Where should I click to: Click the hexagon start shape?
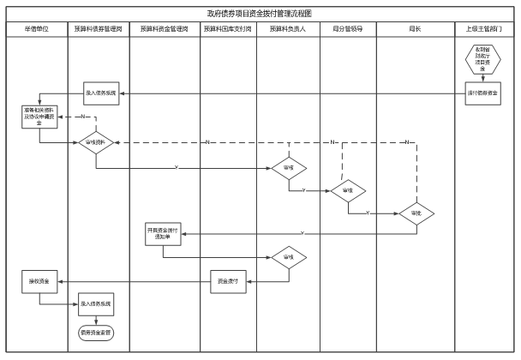click(482, 59)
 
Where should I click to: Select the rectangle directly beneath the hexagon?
click(482, 93)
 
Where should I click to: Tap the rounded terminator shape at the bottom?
click(96, 333)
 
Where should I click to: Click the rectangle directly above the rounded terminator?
click(96, 304)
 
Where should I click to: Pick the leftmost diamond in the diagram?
click(96, 142)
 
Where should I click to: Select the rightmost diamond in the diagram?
click(416, 214)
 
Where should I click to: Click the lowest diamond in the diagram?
click(289, 258)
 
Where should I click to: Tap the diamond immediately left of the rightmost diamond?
click(348, 191)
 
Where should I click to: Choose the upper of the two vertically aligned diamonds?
click(289, 168)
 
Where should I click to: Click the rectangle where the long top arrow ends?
click(101, 93)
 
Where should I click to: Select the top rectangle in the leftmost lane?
click(39, 117)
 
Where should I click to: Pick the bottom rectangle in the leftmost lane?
click(39, 282)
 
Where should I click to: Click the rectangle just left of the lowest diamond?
click(228, 282)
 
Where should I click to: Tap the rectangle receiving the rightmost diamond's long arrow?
click(163, 234)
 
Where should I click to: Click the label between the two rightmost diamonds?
click(368, 213)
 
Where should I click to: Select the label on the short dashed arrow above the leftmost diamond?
click(83, 117)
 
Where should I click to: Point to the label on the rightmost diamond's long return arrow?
click(302, 234)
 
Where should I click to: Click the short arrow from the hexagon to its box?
click(482, 78)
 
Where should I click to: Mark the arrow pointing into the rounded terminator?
click(96, 321)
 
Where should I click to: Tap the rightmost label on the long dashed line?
click(407, 142)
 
